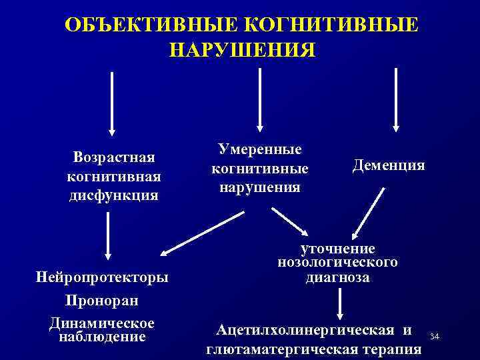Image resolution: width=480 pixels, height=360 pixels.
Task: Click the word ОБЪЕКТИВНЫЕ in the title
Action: tap(148, 25)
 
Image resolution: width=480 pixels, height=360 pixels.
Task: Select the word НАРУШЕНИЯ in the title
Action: tap(240, 51)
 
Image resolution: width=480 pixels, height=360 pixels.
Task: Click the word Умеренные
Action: tap(260, 149)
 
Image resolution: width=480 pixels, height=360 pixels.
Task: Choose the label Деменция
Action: tap(389, 165)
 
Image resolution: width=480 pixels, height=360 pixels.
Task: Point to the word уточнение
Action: tap(338, 248)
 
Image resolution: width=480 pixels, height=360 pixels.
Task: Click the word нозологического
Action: tap(338, 262)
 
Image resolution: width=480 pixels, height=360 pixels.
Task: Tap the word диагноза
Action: tap(338, 277)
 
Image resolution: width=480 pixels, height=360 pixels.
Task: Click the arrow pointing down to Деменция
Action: tap(396, 100)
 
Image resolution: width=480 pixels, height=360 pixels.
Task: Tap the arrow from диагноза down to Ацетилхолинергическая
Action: tap(341, 304)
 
